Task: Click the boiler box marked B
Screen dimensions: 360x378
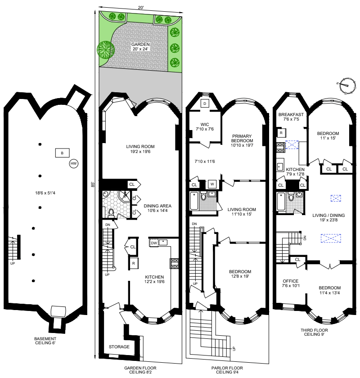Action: pyautogui.click(x=62, y=153)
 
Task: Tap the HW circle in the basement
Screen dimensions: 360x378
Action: pyautogui.click(x=73, y=163)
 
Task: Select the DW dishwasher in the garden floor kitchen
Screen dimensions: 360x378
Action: pyautogui.click(x=154, y=243)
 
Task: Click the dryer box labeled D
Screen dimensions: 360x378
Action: pyautogui.click(x=205, y=103)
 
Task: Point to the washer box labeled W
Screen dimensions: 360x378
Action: pyautogui.click(x=212, y=184)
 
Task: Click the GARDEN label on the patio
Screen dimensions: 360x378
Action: pyautogui.click(x=140, y=45)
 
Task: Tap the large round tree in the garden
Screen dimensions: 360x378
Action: pyautogui.click(x=106, y=50)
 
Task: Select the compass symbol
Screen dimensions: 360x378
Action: pyautogui.click(x=347, y=86)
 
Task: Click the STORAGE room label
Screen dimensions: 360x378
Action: pyautogui.click(x=119, y=346)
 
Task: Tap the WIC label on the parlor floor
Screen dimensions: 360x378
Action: pyautogui.click(x=205, y=124)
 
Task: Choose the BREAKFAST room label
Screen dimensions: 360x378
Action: pyautogui.click(x=291, y=114)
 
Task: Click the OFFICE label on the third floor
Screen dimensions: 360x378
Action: pyautogui.click(x=291, y=281)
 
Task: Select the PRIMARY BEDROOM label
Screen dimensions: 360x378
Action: pyautogui.click(x=242, y=139)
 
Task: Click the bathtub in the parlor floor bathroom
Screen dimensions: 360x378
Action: pyautogui.click(x=194, y=201)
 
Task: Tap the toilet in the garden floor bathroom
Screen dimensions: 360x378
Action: pyautogui.click(x=111, y=212)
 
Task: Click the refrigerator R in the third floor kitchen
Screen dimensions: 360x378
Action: pyautogui.click(x=281, y=133)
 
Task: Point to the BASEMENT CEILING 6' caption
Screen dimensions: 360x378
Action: pyautogui.click(x=45, y=341)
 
